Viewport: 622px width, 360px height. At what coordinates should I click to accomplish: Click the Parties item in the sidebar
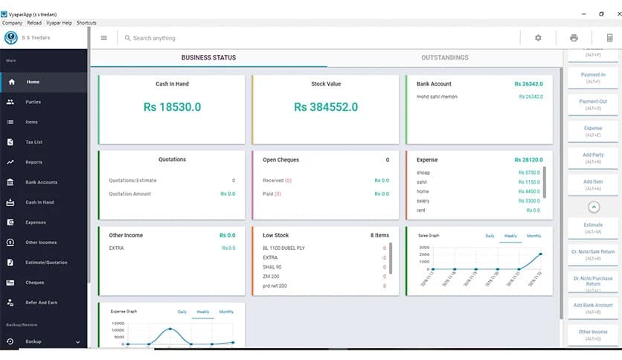33,102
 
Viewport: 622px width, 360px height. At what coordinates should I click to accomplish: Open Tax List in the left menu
33,142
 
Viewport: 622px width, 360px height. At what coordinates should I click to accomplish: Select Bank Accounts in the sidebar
41,182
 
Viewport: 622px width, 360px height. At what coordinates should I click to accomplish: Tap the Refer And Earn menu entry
41,303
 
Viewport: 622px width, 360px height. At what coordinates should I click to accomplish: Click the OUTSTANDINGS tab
444,58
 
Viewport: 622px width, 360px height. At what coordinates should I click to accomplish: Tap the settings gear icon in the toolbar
538,38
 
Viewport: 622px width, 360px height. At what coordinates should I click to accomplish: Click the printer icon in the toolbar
574,38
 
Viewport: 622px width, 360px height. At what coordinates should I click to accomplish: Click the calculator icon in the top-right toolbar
609,38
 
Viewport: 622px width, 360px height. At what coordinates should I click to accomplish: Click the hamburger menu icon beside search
103,38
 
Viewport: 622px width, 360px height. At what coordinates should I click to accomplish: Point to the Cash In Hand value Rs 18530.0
172,107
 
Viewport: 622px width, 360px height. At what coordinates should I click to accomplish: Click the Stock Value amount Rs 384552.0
326,107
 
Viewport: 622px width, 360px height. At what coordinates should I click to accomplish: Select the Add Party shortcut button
593,158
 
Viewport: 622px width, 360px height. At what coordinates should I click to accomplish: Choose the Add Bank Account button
593,308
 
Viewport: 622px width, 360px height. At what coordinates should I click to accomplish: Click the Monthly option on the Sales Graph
533,236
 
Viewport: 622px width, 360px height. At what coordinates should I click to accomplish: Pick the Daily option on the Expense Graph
182,312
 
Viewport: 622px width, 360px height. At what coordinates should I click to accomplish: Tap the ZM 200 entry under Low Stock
272,276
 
